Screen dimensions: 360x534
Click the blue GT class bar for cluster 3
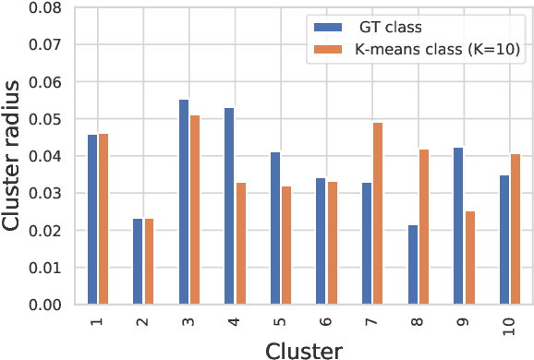[x=184, y=202]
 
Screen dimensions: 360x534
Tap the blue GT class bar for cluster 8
[x=413, y=265]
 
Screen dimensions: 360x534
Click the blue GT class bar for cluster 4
[x=229, y=206]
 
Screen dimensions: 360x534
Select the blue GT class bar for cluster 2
[x=138, y=261]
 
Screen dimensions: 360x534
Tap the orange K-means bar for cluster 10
[x=516, y=229]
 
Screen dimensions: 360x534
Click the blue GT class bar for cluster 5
[x=275, y=228]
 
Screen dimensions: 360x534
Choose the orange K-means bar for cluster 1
[x=103, y=219]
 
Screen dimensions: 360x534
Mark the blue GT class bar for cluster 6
[x=321, y=241]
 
